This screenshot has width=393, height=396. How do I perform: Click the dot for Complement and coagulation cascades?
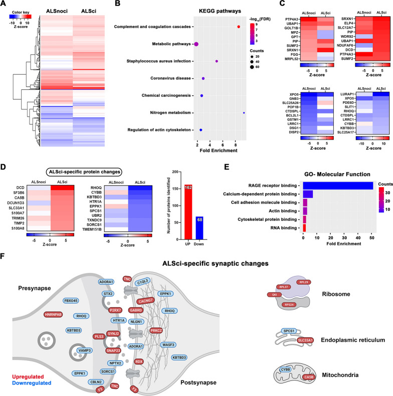pyautogui.click(x=239, y=26)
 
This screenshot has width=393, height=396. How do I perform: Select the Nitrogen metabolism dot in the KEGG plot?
pyautogui.click(x=244, y=112)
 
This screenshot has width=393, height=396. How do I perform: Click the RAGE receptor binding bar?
pyautogui.click(x=338, y=186)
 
